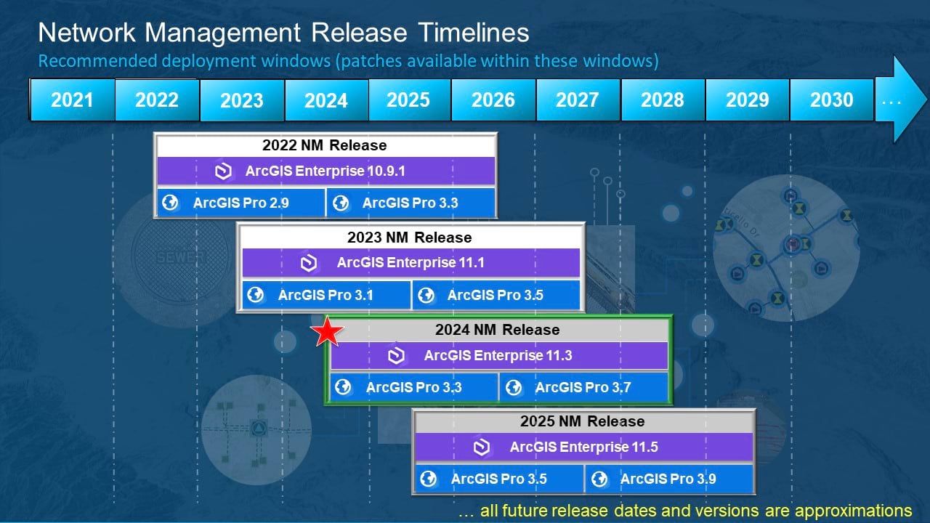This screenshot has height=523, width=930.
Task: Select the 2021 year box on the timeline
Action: (72, 100)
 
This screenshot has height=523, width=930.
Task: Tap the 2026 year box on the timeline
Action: (493, 100)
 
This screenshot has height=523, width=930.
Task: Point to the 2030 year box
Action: (831, 100)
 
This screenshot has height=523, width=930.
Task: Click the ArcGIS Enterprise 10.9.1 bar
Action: (326, 171)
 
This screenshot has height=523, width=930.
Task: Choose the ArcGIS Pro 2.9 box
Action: (241, 203)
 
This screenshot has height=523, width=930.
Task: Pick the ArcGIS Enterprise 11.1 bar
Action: (411, 263)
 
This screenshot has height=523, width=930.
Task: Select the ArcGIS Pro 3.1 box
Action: (325, 295)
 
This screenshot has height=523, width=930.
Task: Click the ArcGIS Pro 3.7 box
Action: (583, 387)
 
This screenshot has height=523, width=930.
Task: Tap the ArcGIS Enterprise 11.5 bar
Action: (583, 447)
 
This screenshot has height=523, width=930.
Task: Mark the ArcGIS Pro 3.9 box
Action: (668, 479)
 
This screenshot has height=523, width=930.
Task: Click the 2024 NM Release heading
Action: (498, 330)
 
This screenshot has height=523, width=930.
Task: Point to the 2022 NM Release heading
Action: (325, 145)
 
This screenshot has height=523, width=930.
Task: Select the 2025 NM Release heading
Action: (582, 421)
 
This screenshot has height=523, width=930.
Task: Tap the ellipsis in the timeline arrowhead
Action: (891, 101)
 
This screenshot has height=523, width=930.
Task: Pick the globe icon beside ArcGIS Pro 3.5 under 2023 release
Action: (426, 295)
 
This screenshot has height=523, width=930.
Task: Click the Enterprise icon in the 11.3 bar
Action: (396, 356)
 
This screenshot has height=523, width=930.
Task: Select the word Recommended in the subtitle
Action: (85, 61)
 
